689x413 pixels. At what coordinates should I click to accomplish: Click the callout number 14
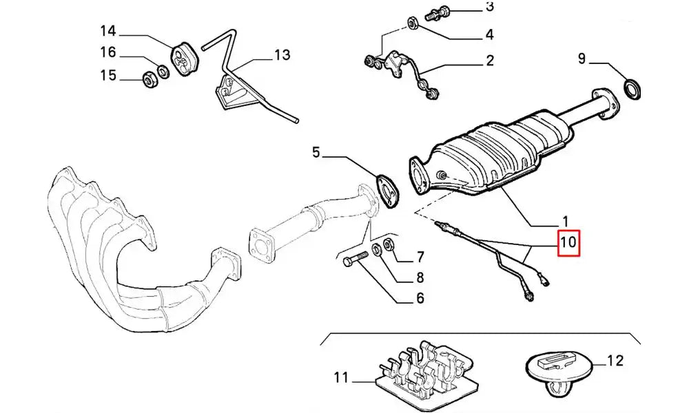[107, 31]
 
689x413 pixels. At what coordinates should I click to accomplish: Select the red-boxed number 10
[569, 242]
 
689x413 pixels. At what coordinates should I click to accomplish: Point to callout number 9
[582, 60]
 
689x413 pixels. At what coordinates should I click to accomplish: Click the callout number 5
[316, 152]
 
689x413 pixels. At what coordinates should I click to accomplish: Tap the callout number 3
[490, 8]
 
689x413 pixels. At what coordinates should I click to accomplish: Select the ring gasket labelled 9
[631, 87]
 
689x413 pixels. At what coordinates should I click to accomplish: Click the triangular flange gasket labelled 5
[387, 189]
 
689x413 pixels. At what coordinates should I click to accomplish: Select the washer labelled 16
[162, 71]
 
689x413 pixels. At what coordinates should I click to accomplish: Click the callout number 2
[490, 61]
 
